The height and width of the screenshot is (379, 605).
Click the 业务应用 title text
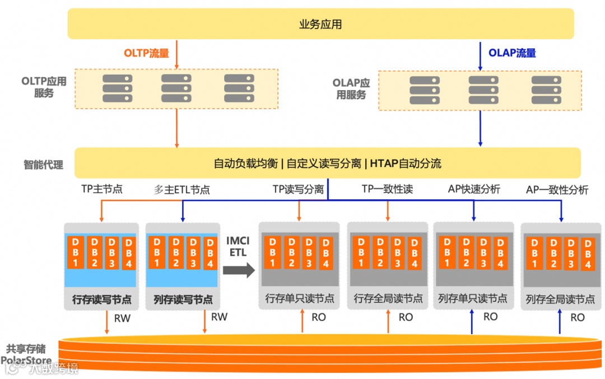pos(320,24)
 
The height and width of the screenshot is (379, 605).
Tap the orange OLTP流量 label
pos(146,54)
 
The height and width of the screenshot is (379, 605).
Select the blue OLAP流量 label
pos(512,53)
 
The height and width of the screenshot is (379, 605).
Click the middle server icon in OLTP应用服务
pos(176,88)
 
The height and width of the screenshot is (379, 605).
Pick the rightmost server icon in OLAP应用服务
pos(546,90)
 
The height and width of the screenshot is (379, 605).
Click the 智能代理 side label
pos(43,165)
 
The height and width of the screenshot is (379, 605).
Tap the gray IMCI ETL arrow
pos(239,270)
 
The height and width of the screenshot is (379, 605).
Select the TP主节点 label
pos(101,189)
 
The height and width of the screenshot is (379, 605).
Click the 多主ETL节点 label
pos(182,190)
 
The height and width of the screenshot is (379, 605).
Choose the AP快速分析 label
pos(474,189)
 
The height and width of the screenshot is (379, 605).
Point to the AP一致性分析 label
pos(557,190)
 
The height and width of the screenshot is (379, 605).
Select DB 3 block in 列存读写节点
pos(193,252)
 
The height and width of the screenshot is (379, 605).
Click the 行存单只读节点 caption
pos(300,298)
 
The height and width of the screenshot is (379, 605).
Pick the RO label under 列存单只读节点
pos(490,317)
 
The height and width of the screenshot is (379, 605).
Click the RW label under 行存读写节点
pos(122,318)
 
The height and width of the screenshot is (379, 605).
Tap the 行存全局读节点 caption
pos(388,298)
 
